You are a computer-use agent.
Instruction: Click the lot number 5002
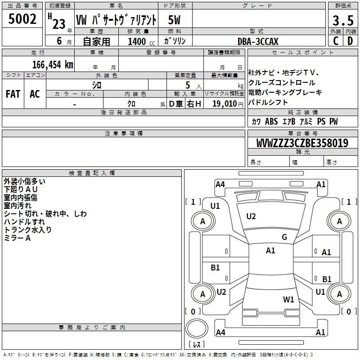click(22, 19)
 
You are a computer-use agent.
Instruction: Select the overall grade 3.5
click(343, 20)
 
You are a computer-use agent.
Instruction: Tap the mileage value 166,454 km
click(53, 64)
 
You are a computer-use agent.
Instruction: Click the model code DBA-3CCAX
click(258, 41)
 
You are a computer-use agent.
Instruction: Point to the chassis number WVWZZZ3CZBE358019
click(302, 143)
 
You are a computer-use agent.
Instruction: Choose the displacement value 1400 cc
click(141, 41)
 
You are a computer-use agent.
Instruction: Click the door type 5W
click(174, 20)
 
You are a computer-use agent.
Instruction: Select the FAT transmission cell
click(13, 94)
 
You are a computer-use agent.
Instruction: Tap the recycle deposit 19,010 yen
click(228, 104)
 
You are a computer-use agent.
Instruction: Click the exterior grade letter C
click(336, 41)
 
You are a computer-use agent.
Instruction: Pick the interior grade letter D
click(350, 41)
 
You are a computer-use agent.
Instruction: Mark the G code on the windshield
click(284, 237)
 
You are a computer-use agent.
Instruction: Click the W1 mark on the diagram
click(288, 300)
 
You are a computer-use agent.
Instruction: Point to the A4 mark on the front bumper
click(220, 184)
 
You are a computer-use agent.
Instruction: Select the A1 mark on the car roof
click(270, 251)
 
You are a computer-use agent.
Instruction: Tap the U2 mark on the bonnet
click(251, 216)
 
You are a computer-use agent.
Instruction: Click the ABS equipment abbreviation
click(271, 121)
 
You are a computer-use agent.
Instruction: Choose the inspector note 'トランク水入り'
click(27, 229)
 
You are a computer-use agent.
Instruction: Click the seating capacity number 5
click(188, 85)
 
